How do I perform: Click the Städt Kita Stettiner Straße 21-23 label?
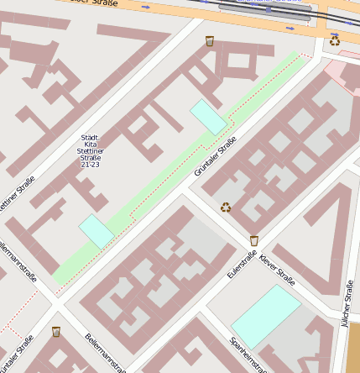[90, 150]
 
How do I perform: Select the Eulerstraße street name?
[241, 263]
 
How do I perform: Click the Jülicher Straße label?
[348, 303]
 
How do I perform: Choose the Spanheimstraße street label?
[249, 355]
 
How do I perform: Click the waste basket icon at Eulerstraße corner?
[254, 240]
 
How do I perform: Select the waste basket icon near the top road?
[210, 40]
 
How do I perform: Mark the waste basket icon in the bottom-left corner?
[56, 331]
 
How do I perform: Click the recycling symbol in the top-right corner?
[335, 39]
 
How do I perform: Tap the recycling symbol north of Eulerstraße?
[226, 207]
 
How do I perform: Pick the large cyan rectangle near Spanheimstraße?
[266, 316]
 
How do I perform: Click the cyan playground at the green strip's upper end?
[209, 117]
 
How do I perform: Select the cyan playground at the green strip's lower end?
[97, 231]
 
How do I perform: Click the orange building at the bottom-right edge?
[353, 349]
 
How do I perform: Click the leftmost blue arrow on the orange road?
[146, 7]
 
